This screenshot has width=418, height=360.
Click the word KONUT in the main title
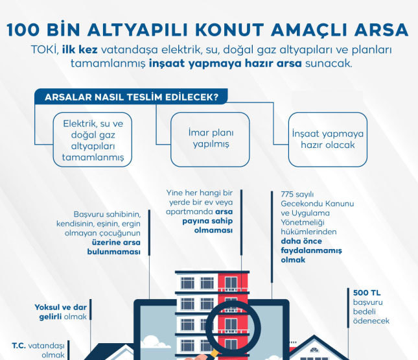229,30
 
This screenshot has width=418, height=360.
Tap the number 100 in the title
23,30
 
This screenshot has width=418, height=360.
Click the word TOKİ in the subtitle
45,50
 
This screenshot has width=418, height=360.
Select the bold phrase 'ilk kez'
80,50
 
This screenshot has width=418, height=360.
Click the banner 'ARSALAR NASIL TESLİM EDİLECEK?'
131,97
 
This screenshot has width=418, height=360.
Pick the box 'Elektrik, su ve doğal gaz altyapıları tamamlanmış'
93,140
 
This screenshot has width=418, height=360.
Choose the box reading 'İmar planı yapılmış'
211,140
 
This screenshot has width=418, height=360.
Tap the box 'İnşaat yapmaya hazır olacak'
328,140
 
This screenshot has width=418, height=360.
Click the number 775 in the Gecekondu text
287,195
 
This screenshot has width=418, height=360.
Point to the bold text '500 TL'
367,293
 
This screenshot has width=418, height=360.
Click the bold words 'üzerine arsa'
116,243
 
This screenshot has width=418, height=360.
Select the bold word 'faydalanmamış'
311,250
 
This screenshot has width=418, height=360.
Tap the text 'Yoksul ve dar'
60,307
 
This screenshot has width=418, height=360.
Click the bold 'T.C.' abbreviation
19,346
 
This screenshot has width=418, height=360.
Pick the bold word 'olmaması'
213,230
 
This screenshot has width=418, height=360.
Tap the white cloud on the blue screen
156,342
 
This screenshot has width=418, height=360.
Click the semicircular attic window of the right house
314,350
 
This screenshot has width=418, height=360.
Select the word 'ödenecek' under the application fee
371,321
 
